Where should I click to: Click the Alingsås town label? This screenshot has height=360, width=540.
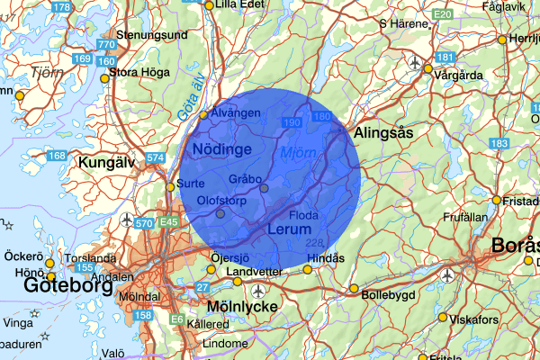point(383,131)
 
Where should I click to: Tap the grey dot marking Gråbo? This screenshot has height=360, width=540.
point(264,187)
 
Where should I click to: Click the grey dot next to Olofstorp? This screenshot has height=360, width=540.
point(220,214)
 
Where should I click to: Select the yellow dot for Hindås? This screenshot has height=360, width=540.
point(308,269)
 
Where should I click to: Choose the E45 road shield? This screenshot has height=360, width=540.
point(167,220)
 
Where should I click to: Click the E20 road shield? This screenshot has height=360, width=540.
point(441,15)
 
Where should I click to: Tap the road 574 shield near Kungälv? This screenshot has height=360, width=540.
point(156,158)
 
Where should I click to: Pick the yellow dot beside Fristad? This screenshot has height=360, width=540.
point(495,200)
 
